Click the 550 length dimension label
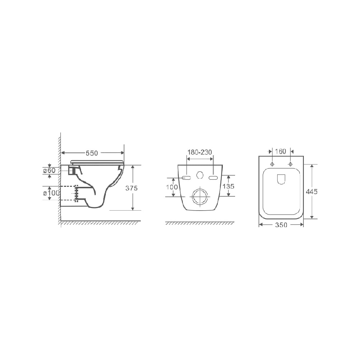(92, 153)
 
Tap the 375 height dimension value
(131, 188)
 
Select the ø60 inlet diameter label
(49, 171)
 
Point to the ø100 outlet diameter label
(51, 193)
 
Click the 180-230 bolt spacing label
(200, 152)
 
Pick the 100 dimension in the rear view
(172, 187)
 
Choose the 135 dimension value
(229, 186)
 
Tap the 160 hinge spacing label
(280, 152)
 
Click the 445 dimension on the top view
(311, 191)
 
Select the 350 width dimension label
(281, 225)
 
